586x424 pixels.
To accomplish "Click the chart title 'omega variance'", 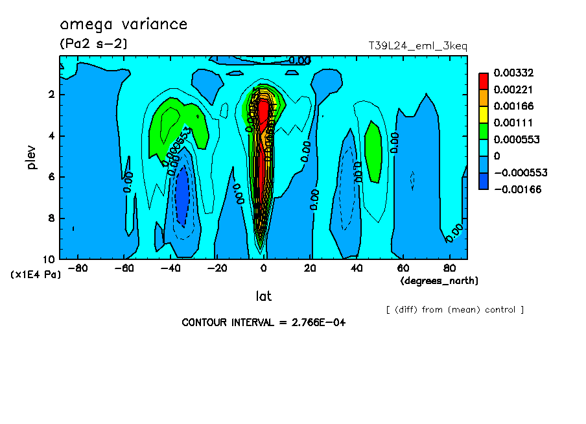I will point(123,25).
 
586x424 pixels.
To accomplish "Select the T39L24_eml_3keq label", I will point(417,45).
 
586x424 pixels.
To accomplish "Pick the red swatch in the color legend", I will point(484,80).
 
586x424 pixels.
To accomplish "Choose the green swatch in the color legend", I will point(484,131).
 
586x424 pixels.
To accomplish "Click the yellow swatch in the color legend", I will point(484,114).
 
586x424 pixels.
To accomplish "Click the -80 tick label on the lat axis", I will point(76,268).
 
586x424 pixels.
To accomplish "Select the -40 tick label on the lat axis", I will point(170,268).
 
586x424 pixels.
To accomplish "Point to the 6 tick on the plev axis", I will point(52,177).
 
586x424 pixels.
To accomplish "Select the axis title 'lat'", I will point(263,296).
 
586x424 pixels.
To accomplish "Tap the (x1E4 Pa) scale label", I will point(36,274).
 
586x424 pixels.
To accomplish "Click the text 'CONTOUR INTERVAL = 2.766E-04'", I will point(263,322).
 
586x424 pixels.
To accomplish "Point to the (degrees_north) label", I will point(439,281).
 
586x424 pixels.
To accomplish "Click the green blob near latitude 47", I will point(373,151).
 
